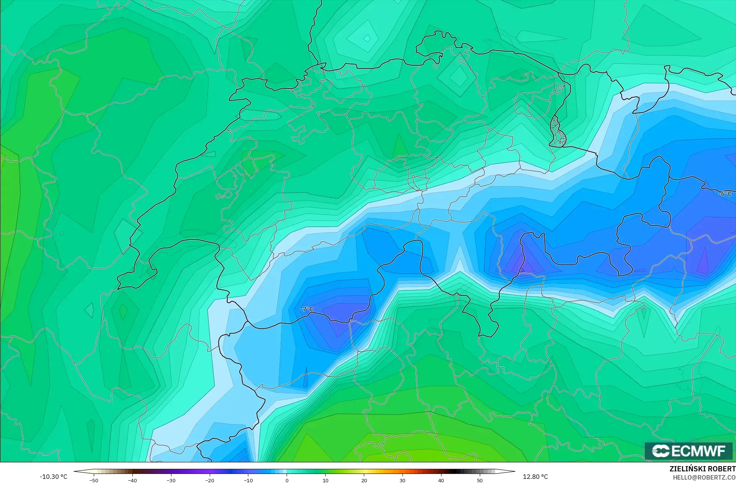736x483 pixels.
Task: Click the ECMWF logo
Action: coord(689,451)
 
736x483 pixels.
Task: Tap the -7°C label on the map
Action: coord(307,309)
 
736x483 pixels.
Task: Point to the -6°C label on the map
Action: coord(725,194)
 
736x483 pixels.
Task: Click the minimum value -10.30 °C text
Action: coord(54,477)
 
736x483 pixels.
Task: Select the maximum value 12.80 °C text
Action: coord(535,477)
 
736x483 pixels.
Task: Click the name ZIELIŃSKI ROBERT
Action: coord(702,469)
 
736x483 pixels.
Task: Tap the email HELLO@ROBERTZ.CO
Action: coord(704,477)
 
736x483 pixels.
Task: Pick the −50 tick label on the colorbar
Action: coord(94,480)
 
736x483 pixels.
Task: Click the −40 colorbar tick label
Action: coord(132,480)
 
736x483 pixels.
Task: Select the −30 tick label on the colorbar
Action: coord(171,480)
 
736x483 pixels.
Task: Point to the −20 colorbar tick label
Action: coord(210,480)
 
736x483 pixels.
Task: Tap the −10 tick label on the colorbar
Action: coord(248,480)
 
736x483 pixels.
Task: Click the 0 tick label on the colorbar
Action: coord(287,480)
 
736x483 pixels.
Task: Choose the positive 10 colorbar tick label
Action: coord(325,480)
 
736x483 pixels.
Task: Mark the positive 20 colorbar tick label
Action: coord(364,480)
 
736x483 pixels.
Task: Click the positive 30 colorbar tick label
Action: coord(403,480)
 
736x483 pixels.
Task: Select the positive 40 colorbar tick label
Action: coord(441,480)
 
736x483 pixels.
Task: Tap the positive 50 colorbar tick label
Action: coord(480,480)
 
